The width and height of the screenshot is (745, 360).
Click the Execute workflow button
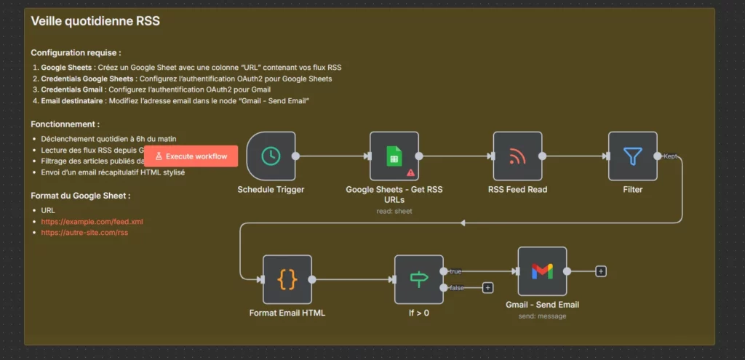click(x=191, y=156)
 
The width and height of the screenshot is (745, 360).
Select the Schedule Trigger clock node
click(x=271, y=156)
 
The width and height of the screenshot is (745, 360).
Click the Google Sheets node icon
click(x=394, y=156)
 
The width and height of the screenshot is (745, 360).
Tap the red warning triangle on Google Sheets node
click(x=411, y=172)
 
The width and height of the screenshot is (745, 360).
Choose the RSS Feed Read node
click(x=517, y=156)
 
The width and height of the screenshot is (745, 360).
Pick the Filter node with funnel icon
click(x=632, y=156)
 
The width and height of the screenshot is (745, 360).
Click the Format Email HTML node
click(x=287, y=279)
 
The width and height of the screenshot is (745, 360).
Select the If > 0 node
click(x=418, y=279)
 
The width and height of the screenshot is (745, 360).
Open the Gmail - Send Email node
click(x=542, y=271)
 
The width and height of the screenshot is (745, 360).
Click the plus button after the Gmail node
click(x=601, y=271)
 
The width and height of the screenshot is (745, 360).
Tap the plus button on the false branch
click(x=487, y=287)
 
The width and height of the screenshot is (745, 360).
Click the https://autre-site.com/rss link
click(x=84, y=233)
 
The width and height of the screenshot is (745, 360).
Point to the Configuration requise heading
click(x=76, y=53)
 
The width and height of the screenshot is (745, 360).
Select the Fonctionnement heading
click(x=65, y=124)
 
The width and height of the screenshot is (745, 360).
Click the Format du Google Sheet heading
click(x=80, y=196)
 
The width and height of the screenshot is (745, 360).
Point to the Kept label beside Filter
click(x=671, y=156)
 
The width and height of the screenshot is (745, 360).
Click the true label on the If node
click(x=455, y=271)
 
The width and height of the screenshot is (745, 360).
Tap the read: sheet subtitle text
click(x=394, y=211)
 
